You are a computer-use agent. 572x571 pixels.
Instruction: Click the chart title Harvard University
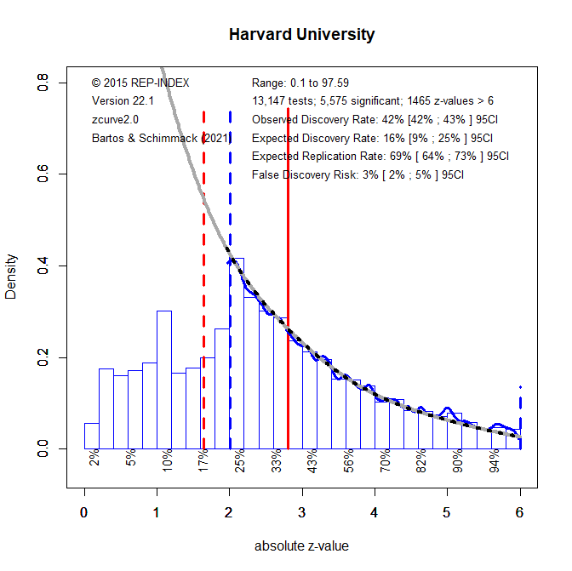[301, 36]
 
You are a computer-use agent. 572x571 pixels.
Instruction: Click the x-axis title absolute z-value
[301, 546]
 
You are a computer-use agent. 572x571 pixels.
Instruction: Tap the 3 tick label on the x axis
[302, 512]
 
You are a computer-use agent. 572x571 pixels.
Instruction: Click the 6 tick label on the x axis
[519, 512]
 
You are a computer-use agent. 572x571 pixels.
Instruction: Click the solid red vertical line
[289, 281]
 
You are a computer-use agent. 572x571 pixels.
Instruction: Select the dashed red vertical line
[203, 281]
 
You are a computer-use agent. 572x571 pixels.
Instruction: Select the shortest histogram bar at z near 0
[91, 435]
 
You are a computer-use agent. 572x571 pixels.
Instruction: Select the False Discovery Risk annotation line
[358, 175]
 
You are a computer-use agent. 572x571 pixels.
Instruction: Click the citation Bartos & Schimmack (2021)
[160, 138]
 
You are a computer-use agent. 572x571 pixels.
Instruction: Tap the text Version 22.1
[122, 100]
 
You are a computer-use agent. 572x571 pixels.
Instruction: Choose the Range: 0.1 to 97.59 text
[300, 83]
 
